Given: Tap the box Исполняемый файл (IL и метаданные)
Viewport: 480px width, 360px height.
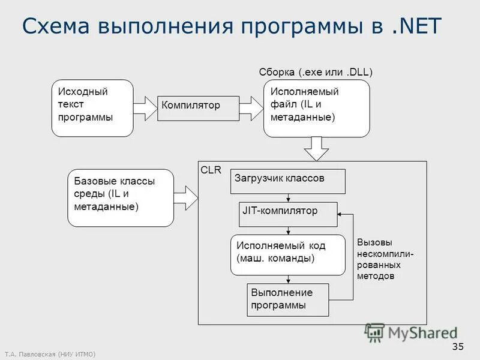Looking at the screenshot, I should [x=316, y=108].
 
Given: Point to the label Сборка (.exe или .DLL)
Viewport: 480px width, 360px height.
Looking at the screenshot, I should [x=316, y=72].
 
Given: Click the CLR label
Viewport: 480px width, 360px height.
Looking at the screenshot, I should [x=211, y=170].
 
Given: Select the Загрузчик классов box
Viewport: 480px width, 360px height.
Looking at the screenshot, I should [x=288, y=181].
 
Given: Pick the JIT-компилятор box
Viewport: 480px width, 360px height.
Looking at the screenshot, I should [x=288, y=214].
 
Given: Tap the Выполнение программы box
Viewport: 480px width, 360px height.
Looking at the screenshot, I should [x=288, y=299].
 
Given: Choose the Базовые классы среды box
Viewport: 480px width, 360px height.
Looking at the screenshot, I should [x=120, y=197].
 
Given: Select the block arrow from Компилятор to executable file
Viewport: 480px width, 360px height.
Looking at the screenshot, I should [x=251, y=108].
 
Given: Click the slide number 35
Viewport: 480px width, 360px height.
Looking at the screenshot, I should [x=458, y=346].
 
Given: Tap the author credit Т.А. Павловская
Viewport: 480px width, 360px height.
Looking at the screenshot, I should [x=50, y=353].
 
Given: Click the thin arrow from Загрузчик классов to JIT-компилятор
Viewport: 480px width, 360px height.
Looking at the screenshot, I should [x=289, y=198].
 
